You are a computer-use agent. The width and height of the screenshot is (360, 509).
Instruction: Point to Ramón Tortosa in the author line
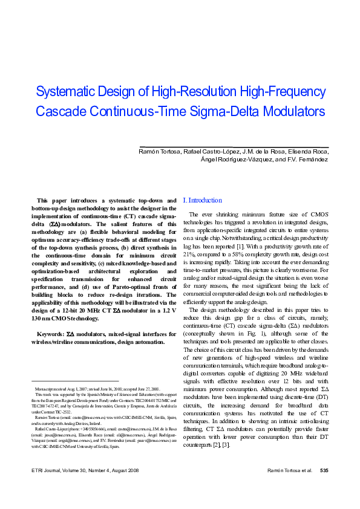pyautogui.click(x=159, y=151)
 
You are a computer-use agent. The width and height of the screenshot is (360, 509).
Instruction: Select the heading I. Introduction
pyautogui.click(x=203, y=201)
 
